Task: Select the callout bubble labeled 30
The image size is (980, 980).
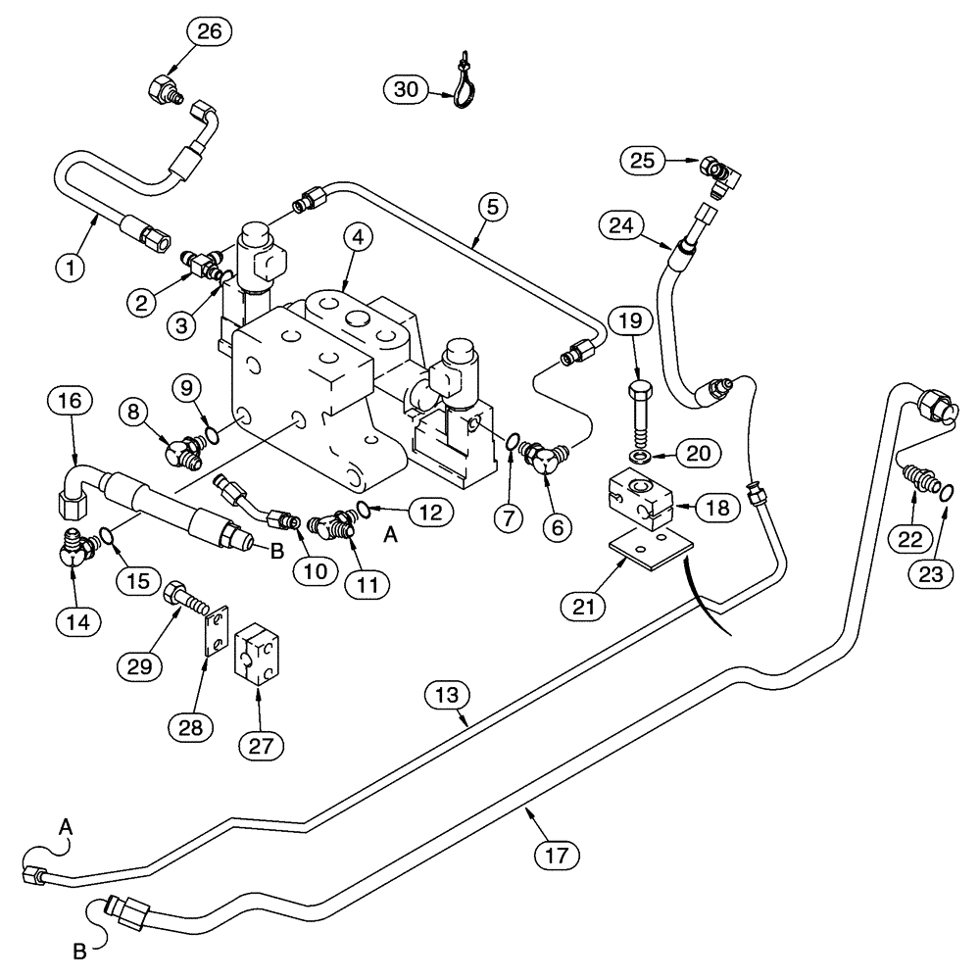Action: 404,90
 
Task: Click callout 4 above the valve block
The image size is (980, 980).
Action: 357,236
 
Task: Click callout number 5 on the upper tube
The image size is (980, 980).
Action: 494,207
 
